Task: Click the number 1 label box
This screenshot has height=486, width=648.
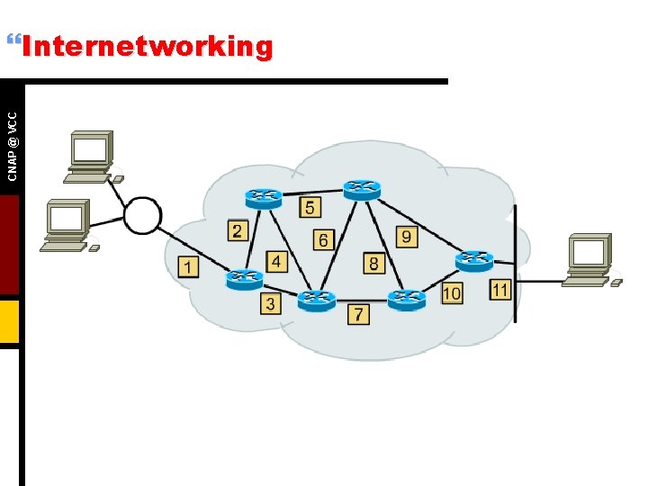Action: (188, 266)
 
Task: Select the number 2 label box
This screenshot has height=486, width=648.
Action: (237, 230)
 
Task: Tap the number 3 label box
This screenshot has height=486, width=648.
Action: (271, 303)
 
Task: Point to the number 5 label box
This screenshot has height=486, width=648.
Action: (310, 208)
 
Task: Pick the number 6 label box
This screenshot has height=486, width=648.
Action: (323, 239)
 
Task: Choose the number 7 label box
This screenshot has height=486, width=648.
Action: (358, 314)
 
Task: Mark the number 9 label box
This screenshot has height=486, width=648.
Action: (407, 236)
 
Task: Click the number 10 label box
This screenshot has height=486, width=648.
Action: (452, 292)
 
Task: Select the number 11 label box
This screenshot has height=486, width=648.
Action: (500, 289)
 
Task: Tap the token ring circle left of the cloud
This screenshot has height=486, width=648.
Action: (141, 215)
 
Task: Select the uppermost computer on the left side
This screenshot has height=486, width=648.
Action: (91, 156)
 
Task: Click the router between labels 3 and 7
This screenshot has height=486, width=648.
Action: (316, 298)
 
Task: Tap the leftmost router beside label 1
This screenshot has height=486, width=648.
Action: (243, 278)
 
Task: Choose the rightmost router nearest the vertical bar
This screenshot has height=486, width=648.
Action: (473, 259)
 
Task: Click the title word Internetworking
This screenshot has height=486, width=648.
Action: (147, 46)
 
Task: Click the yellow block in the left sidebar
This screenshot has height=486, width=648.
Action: (9, 321)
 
